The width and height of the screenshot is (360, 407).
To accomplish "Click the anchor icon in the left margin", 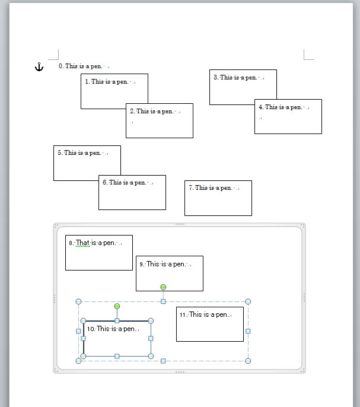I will (x=39, y=67).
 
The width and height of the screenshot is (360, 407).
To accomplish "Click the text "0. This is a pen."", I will (x=83, y=66).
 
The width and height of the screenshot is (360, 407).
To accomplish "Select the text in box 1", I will (x=110, y=82).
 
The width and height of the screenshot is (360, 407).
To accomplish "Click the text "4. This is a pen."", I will (x=283, y=107).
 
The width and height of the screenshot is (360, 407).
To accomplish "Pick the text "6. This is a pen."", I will (x=127, y=183).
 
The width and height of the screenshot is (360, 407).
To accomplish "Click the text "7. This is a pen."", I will (x=213, y=188).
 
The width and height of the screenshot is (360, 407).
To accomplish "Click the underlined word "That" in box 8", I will (x=82, y=243).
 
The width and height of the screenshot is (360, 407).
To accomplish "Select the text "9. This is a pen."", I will (x=164, y=264).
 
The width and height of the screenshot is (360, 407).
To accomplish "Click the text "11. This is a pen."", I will (x=204, y=315).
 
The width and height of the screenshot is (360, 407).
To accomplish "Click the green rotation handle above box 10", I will (x=117, y=306).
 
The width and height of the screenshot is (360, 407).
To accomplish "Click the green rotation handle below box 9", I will (x=164, y=287).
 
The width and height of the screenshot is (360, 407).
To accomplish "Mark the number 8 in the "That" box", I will (x=71, y=243).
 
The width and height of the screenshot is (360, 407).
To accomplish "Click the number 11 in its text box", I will (x=183, y=315).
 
